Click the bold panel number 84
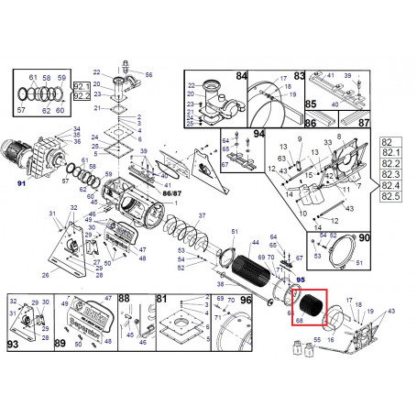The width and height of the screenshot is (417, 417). coord(242,77)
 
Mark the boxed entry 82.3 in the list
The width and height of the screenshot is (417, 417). coord(390,174)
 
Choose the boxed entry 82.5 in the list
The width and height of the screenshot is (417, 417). coord(390,196)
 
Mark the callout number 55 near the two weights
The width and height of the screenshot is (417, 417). coord(317,340)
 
